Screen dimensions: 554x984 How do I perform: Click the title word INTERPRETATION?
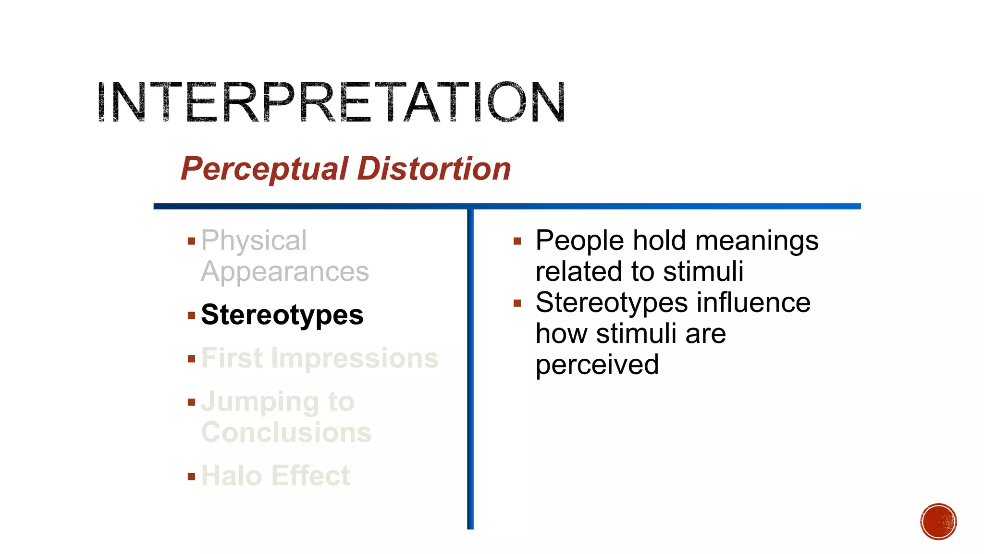(x=331, y=102)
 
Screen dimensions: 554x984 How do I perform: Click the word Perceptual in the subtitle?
(x=264, y=169)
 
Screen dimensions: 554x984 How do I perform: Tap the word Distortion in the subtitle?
(x=434, y=169)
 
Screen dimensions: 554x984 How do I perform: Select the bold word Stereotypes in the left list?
(x=282, y=315)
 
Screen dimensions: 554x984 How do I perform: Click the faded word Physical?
(x=254, y=240)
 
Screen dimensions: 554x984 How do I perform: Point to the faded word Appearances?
(x=285, y=272)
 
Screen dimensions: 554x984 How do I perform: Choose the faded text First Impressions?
(x=320, y=358)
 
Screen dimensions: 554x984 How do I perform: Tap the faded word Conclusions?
(x=286, y=432)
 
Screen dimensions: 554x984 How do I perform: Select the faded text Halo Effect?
(x=275, y=476)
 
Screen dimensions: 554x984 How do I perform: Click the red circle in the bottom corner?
(x=938, y=522)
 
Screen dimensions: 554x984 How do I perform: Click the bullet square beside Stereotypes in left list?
(x=192, y=315)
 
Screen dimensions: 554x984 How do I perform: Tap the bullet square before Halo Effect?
(x=192, y=477)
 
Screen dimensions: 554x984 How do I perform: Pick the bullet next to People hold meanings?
(x=517, y=241)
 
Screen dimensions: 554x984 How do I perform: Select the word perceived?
(x=597, y=365)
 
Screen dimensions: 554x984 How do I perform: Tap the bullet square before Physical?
(x=192, y=241)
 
